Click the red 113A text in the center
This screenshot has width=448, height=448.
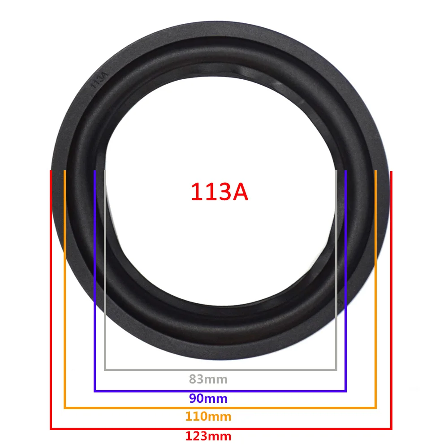tap(220, 192)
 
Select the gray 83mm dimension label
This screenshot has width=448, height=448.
tap(208, 379)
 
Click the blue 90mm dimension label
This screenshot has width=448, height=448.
tap(208, 398)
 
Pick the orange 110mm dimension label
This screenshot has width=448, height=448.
tap(208, 416)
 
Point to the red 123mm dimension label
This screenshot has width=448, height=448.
tap(208, 436)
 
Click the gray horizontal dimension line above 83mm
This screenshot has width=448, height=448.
tap(220, 370)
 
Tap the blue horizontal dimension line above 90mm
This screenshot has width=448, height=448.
tap(220, 391)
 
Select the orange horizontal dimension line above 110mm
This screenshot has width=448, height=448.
tap(220, 407)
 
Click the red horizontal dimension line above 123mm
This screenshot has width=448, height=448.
tap(221, 429)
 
